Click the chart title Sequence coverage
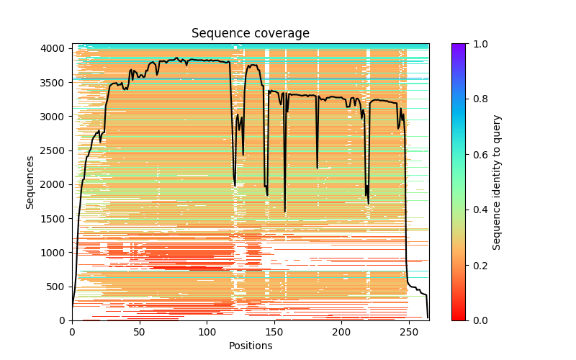250,34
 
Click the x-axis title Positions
250,346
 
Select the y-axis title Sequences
30,181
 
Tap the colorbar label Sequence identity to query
497,181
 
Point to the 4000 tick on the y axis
56,48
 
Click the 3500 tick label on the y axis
56,82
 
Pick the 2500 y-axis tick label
56,150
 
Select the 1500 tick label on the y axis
56,218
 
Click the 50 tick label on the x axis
139,332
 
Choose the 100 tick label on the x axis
207,332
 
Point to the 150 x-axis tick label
274,332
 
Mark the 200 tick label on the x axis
341,332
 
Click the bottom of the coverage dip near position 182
317,168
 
